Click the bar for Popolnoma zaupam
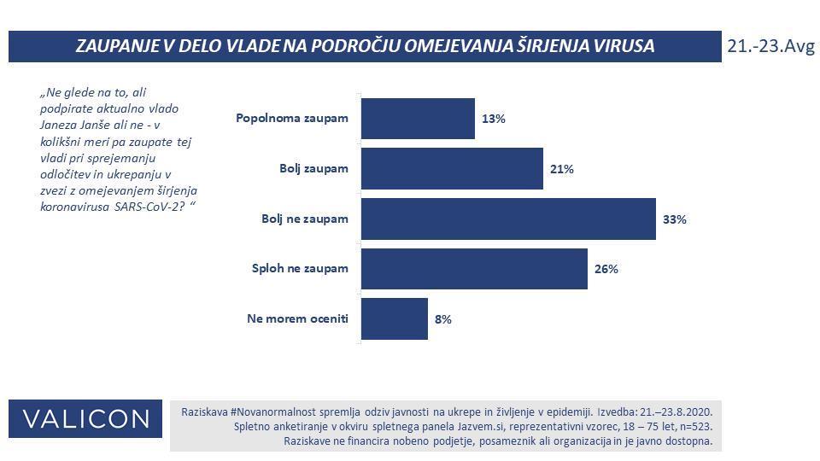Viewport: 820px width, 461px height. [x=418, y=119]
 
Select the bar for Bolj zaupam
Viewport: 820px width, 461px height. [x=452, y=169]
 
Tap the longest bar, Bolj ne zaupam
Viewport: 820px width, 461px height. [x=508, y=219]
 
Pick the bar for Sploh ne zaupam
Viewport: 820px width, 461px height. [x=474, y=269]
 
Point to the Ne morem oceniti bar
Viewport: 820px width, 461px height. [x=394, y=319]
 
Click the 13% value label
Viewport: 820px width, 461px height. [x=494, y=120]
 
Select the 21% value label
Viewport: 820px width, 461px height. [x=562, y=169]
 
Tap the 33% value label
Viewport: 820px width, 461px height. [x=675, y=219]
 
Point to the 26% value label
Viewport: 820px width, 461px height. [x=606, y=269]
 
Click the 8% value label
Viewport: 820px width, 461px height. [x=442, y=319]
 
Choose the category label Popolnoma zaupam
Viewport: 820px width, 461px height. [x=292, y=119]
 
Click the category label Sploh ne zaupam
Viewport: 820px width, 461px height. [x=301, y=269]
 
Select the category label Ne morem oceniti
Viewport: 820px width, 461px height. [x=298, y=319]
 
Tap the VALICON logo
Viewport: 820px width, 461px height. [x=85, y=419]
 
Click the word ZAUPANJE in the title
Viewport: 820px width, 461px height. [x=119, y=47]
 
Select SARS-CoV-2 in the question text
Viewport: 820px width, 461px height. [x=155, y=210]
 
